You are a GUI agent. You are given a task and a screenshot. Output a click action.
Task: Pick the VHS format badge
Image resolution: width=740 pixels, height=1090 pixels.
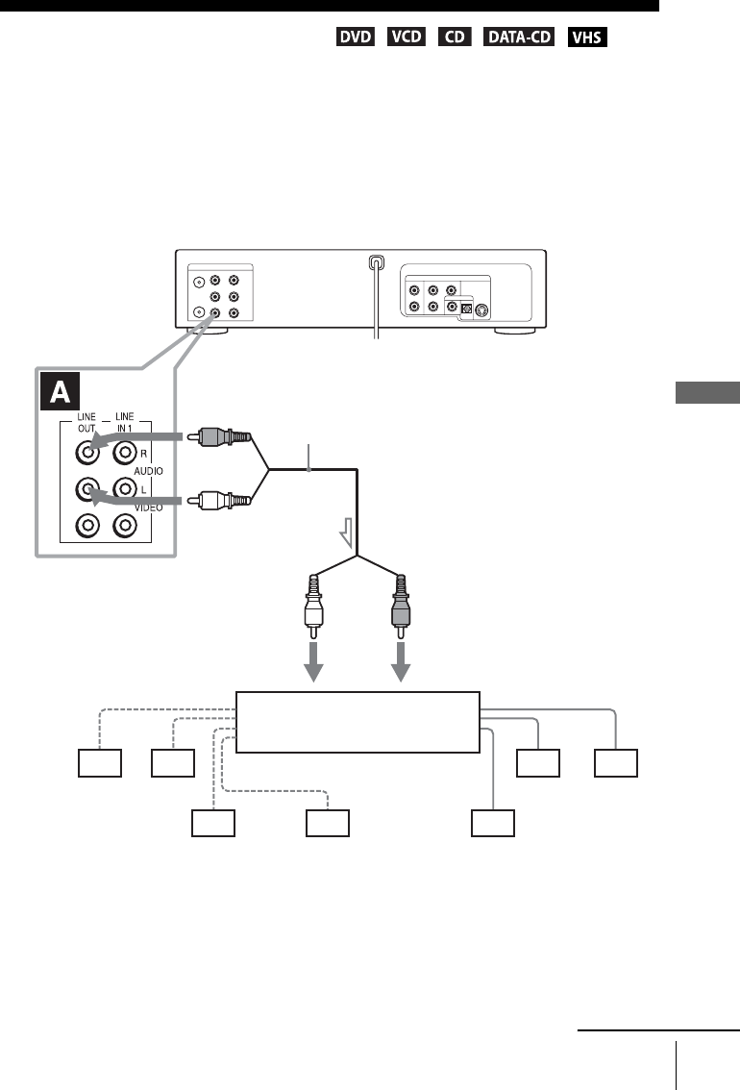[587, 37]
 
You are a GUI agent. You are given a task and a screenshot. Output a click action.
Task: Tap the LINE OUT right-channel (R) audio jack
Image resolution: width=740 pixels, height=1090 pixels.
[88, 451]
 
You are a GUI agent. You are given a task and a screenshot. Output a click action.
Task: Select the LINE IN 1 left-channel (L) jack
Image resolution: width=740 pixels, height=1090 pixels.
[124, 488]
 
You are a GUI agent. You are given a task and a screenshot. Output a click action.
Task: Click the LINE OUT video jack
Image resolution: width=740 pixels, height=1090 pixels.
[88, 526]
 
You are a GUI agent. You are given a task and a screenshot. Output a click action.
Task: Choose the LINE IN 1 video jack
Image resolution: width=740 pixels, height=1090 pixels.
[124, 526]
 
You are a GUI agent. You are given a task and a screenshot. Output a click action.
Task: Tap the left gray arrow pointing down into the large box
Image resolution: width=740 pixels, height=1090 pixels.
[315, 664]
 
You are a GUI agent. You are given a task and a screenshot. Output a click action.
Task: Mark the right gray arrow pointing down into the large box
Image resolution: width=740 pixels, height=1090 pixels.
[401, 664]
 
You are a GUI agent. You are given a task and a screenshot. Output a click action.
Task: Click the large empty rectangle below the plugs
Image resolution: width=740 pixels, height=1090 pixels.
[357, 722]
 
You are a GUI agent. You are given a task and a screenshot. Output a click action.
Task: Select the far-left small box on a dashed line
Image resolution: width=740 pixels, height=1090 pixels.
[100, 764]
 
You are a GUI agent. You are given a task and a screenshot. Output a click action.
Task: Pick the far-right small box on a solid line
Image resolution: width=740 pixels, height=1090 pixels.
[615, 764]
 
